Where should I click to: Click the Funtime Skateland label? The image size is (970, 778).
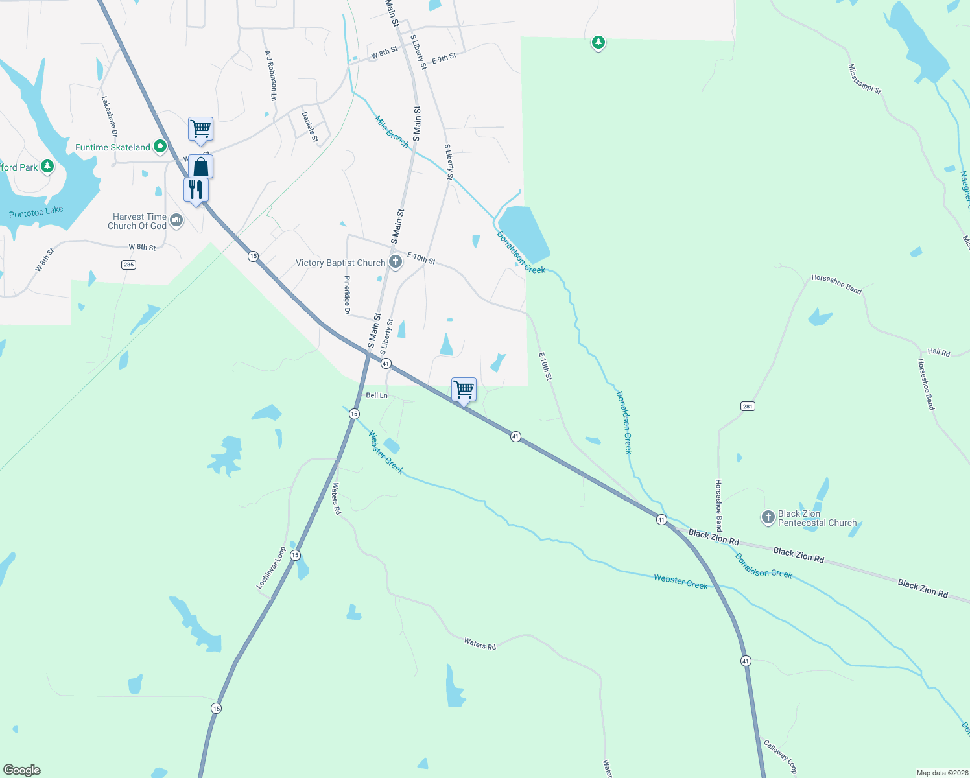click(112, 148)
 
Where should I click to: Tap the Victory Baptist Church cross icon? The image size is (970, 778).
click(396, 262)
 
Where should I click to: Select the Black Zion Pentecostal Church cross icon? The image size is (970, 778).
click(768, 517)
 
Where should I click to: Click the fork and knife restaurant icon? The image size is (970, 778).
click(196, 190)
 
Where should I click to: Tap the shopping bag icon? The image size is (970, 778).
click(201, 167)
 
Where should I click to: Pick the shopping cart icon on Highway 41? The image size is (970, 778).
click(464, 390)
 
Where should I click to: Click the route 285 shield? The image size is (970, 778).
click(129, 265)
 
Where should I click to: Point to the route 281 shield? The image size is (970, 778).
click(748, 407)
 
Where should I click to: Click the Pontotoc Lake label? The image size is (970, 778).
click(36, 212)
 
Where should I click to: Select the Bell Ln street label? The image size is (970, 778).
click(377, 395)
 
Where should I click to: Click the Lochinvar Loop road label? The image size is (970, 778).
click(271, 568)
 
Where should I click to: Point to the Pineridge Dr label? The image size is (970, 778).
click(347, 296)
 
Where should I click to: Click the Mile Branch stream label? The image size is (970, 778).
click(392, 132)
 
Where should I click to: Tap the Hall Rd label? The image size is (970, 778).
click(938, 352)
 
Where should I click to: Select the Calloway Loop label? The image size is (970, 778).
click(779, 757)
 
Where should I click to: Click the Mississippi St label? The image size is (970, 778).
click(865, 79)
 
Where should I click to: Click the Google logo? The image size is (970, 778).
click(22, 770)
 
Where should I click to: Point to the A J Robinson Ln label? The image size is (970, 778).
click(270, 76)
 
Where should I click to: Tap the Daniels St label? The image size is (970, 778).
click(310, 127)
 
